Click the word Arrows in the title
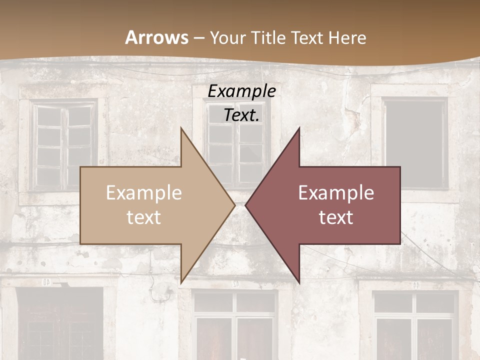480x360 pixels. pos(156,37)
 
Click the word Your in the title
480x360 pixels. pos(228,37)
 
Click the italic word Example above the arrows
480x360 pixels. pos(241,91)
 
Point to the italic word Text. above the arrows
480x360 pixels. pos(241,115)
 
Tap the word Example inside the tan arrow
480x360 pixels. pos(144,193)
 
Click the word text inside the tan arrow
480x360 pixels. pos(144,217)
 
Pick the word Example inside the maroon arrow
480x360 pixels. pos(336,193)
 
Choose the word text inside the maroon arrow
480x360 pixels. pos(336,217)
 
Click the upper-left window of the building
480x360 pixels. pos(63,145)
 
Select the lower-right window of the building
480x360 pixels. pos(415,325)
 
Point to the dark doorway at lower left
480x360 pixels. pos(60,325)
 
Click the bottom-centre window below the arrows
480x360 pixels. pos(235,325)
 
